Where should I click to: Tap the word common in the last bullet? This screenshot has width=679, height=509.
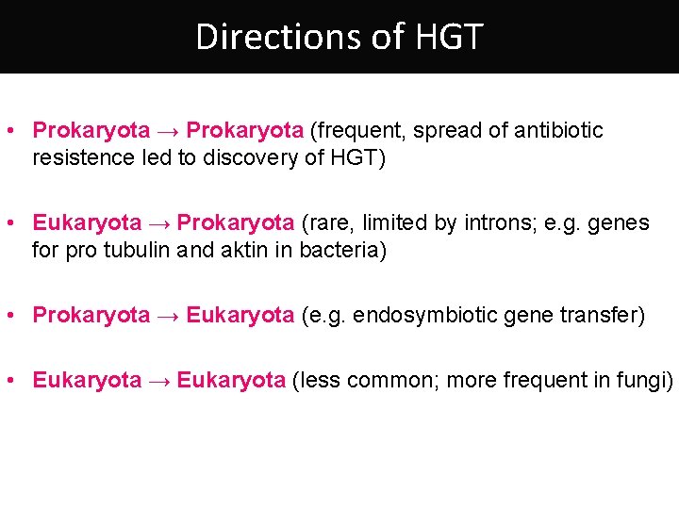point(391,380)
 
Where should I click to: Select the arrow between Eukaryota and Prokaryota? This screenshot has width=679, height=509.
point(158,223)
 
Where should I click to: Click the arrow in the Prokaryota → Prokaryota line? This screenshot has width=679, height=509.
point(168,131)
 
